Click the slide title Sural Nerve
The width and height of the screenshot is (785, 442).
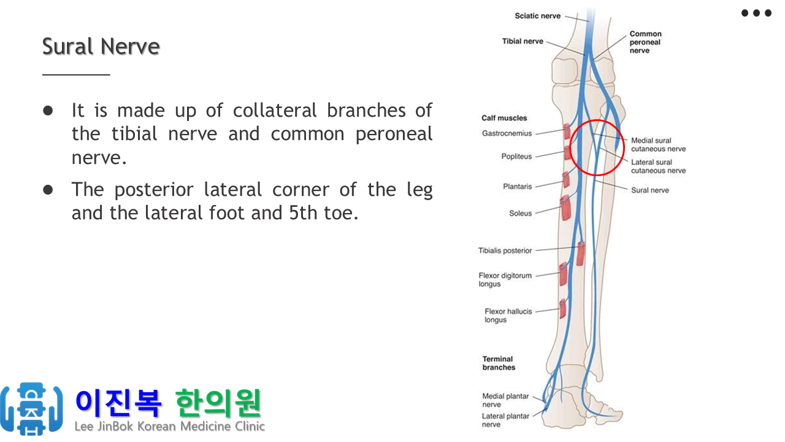[x=101, y=46]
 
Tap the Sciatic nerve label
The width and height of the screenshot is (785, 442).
[x=538, y=16]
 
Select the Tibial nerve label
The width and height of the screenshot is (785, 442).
[x=523, y=41]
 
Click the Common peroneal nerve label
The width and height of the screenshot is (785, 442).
[x=646, y=42]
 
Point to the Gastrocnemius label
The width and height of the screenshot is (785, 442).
[x=507, y=133]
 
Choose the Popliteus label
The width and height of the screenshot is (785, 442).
[x=516, y=157]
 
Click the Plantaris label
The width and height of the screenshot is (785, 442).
[x=517, y=186]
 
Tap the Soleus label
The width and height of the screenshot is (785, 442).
[x=521, y=213]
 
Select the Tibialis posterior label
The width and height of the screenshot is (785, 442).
[x=505, y=250]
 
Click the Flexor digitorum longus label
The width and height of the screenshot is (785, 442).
[x=505, y=279]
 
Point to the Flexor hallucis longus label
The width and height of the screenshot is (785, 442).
[x=508, y=316]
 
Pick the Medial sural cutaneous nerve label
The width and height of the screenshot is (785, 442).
[x=658, y=144]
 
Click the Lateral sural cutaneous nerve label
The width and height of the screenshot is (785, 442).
[x=658, y=166]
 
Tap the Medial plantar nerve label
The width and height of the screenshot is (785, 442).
[x=505, y=400]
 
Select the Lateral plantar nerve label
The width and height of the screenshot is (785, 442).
[x=505, y=421]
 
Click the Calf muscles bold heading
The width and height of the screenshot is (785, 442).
[x=504, y=118]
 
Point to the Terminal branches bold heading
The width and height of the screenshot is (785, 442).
[x=499, y=363]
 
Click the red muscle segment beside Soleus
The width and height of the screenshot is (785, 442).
[x=565, y=207]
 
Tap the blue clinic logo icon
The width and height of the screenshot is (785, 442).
[x=31, y=409]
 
